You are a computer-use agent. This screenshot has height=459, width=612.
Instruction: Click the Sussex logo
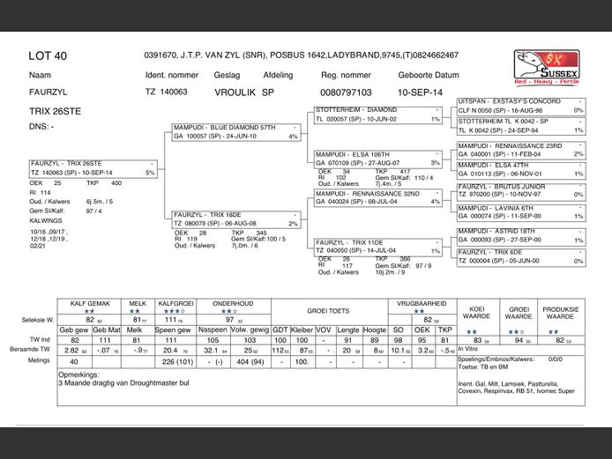click(x=546, y=67)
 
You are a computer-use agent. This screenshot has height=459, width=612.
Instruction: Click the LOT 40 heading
click(x=48, y=56)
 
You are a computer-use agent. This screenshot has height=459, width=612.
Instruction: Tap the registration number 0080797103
click(x=346, y=92)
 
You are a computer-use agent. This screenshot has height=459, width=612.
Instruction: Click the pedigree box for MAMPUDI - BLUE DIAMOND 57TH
click(x=236, y=132)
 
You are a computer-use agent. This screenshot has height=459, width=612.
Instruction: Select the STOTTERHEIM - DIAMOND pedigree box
click(x=378, y=115)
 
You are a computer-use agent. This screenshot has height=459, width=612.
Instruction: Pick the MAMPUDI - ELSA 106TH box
click(x=378, y=159)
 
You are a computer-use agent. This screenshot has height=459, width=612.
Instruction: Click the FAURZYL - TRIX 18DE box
click(x=236, y=218)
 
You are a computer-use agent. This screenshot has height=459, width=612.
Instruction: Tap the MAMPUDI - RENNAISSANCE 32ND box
click(x=378, y=197)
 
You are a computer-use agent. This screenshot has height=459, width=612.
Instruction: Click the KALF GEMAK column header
click(x=89, y=302)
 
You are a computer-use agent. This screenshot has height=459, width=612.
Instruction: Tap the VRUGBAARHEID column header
click(x=419, y=302)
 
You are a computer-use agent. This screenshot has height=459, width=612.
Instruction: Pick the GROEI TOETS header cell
click(x=329, y=311)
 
